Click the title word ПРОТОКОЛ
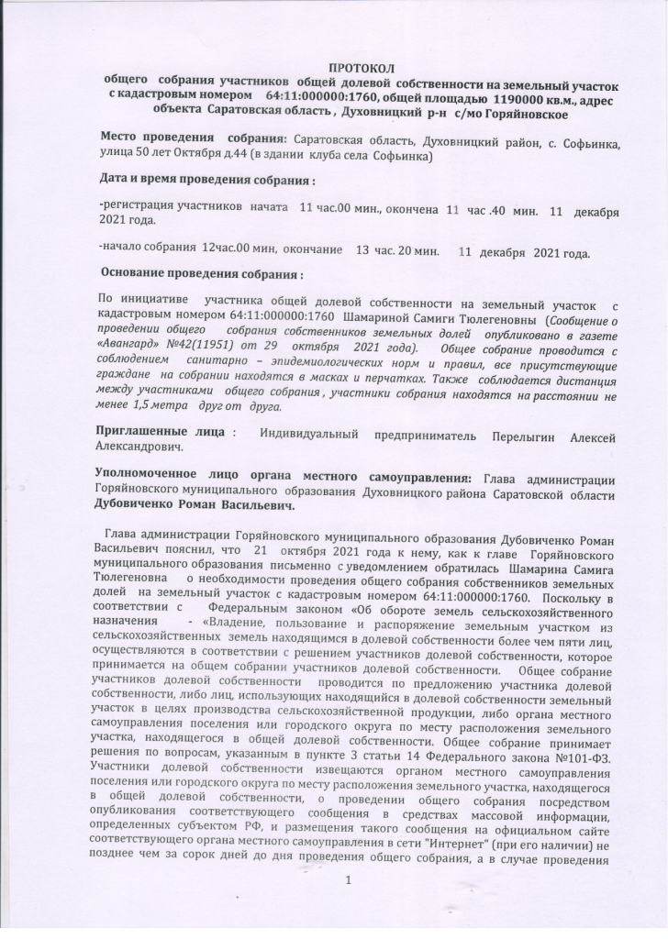[360, 69]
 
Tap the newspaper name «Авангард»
[125, 348]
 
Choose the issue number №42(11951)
[198, 348]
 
